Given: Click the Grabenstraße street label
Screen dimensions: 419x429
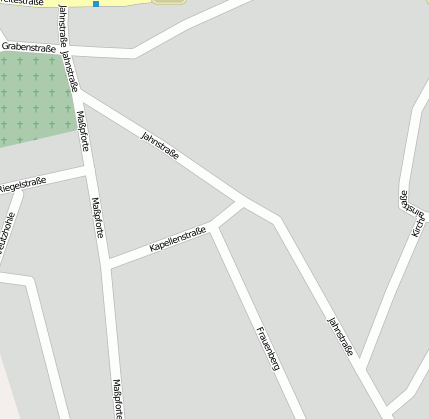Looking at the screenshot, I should [28, 46].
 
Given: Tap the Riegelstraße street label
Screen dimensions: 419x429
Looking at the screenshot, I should [22, 184].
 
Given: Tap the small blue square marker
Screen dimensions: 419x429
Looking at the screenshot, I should [96, 4].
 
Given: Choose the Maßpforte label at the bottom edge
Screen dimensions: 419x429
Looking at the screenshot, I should [118, 397].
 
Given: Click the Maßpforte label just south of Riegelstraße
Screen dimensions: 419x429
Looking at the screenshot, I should [98, 216].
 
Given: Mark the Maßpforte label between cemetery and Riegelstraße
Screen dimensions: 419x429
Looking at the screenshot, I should [83, 129].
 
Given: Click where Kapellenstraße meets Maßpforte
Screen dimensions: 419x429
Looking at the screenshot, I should [107, 265].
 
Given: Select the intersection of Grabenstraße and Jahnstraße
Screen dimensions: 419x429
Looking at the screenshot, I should [69, 47].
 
